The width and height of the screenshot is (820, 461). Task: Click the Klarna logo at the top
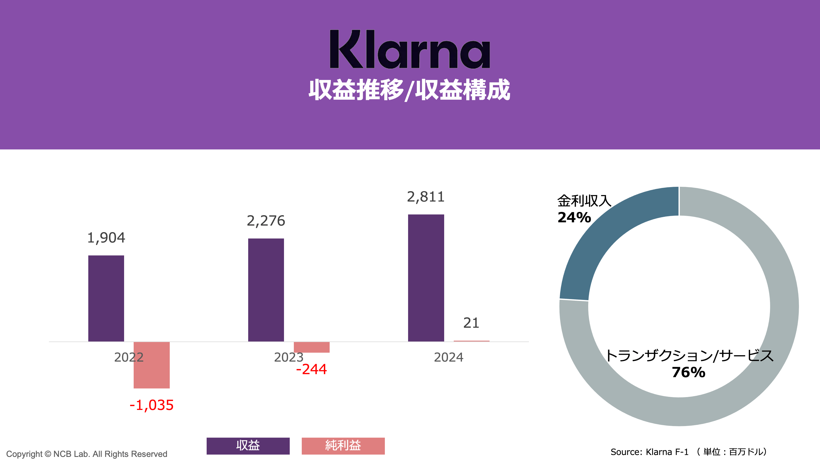pyautogui.click(x=410, y=49)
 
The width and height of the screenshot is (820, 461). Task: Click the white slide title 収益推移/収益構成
pyautogui.click(x=409, y=90)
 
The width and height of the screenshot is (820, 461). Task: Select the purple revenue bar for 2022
pyautogui.click(x=106, y=298)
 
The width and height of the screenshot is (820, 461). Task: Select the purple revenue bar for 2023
pyautogui.click(x=266, y=290)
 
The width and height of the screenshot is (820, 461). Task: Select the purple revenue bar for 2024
pyautogui.click(x=426, y=278)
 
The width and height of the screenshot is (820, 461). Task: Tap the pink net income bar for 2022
pyautogui.click(x=151, y=365)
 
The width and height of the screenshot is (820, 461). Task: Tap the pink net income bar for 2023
pyautogui.click(x=311, y=347)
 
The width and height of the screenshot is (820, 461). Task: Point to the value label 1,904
pyautogui.click(x=106, y=238)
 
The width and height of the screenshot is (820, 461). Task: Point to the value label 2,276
pyautogui.click(x=266, y=221)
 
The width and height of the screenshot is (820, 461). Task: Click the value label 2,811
pyautogui.click(x=426, y=197)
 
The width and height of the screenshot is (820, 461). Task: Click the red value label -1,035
pyautogui.click(x=151, y=405)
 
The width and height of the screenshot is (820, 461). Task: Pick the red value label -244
pyautogui.click(x=311, y=369)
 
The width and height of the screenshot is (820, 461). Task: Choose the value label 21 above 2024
pyautogui.click(x=471, y=323)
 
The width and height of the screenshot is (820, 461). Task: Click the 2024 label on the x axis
pyautogui.click(x=449, y=357)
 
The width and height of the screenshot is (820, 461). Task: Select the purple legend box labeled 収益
pyautogui.click(x=248, y=446)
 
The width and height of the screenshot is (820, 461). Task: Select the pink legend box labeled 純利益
pyautogui.click(x=343, y=446)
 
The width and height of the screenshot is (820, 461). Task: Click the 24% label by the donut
pyautogui.click(x=574, y=218)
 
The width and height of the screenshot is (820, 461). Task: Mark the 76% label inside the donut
pyautogui.click(x=689, y=372)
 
